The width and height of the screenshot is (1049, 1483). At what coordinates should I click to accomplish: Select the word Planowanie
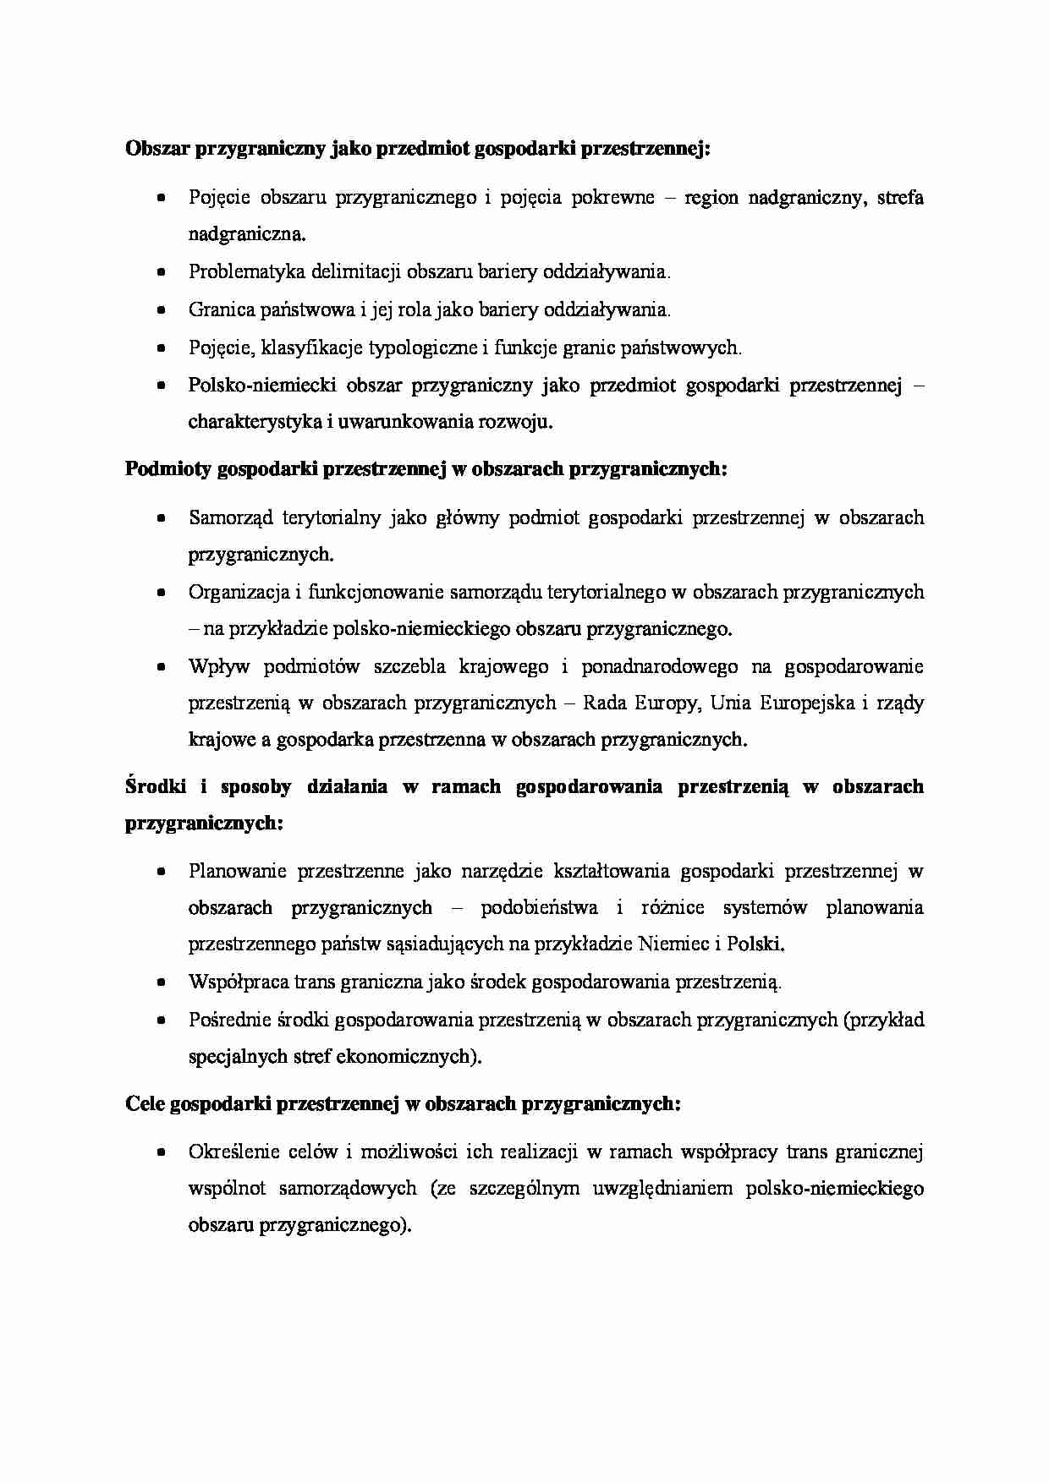point(237,871)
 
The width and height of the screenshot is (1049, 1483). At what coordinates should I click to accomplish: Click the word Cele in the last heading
point(145,1104)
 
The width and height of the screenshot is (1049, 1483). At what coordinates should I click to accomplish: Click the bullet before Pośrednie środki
point(161,1021)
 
